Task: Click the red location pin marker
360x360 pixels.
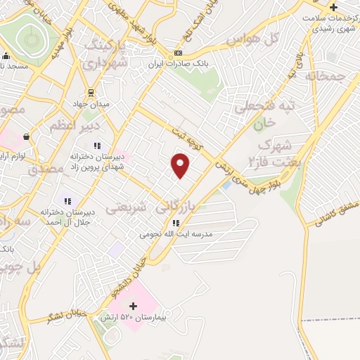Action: [181, 165]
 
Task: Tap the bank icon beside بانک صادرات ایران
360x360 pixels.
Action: [179, 53]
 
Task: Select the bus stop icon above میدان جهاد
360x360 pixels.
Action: [90, 94]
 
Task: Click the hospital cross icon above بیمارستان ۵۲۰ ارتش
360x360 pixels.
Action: [133, 306]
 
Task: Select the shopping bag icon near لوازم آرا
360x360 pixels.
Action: [26, 136]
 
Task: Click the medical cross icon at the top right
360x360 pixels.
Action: [333, 7]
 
